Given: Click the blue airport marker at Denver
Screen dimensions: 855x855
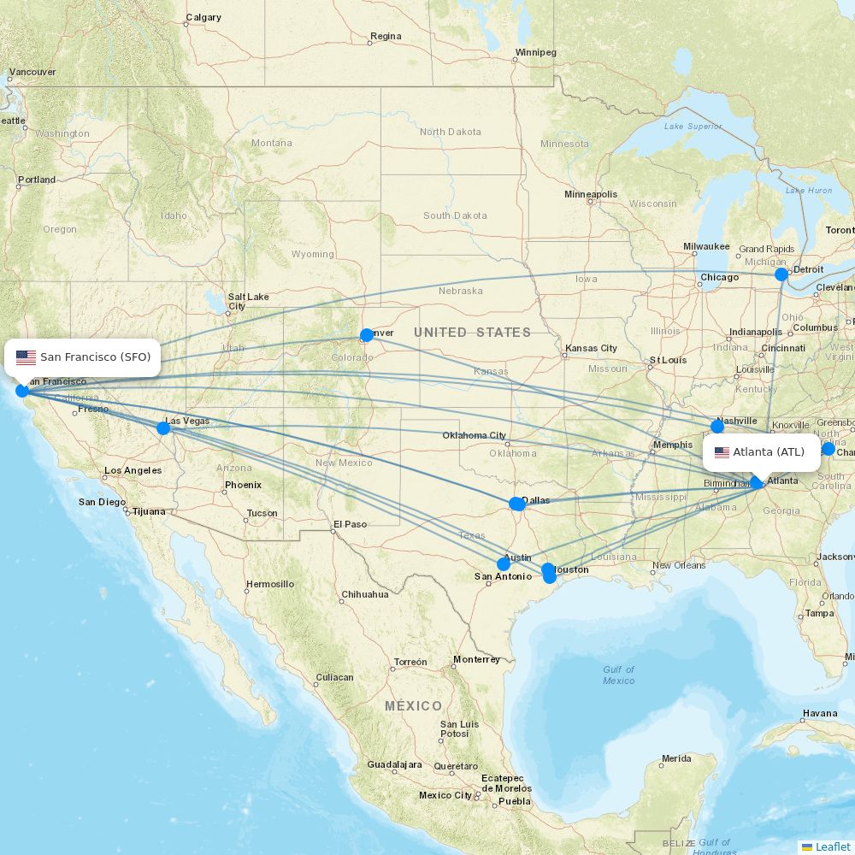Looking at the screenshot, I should click(x=367, y=335).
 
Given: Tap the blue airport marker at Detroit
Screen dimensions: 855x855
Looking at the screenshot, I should click(x=781, y=274).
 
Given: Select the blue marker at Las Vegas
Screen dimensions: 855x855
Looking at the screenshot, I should click(x=163, y=427).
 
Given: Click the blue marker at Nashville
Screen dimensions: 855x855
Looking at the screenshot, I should click(x=717, y=427).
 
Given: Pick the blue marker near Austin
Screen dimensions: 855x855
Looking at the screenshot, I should click(x=504, y=564).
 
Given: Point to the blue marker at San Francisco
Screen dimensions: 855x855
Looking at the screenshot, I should click(x=22, y=391).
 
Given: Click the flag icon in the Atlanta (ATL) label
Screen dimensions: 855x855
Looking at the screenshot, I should click(x=722, y=452).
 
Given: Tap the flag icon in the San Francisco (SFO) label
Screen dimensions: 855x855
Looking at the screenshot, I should click(x=26, y=357).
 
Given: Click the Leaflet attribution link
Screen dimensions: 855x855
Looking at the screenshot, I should click(x=832, y=846).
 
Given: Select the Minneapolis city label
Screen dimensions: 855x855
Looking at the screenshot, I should click(x=590, y=194).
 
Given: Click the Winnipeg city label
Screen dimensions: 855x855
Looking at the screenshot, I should click(x=535, y=52).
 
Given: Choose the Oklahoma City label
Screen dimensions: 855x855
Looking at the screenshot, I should click(x=474, y=435).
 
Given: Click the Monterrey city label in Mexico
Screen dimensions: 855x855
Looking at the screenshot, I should click(x=476, y=659).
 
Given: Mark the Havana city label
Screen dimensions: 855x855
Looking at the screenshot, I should click(x=820, y=713).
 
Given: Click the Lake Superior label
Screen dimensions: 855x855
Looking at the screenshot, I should click(x=693, y=127).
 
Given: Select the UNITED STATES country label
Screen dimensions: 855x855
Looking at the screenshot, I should click(x=472, y=332).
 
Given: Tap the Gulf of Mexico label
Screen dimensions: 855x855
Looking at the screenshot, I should click(x=618, y=675).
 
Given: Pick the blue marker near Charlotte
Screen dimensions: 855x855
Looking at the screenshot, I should click(x=828, y=449).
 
